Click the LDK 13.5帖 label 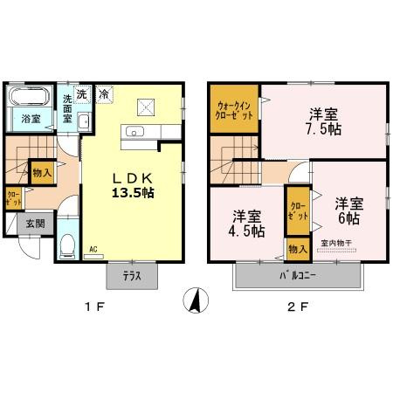pyautogui.click(x=133, y=185)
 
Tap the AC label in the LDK pyautogui.click(x=93, y=249)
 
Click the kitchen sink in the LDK pyautogui.click(x=134, y=133)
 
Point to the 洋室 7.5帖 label pyautogui.click(x=322, y=120)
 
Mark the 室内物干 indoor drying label pyautogui.click(x=336, y=242)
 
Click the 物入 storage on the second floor pyautogui.click(x=297, y=250)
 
